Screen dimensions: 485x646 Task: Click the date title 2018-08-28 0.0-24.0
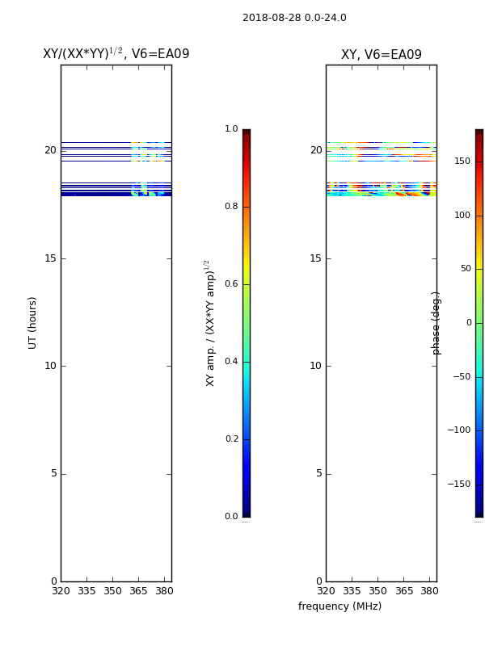pyautogui.click(x=294, y=18)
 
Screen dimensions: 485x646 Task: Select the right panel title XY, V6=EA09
pyautogui.click(x=382, y=54)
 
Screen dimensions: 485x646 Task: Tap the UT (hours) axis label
pyautogui.click(x=32, y=323)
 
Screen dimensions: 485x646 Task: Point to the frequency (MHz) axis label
pyautogui.click(x=339, y=606)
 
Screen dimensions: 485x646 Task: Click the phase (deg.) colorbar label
pyautogui.click(x=436, y=323)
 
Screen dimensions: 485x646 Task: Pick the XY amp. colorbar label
pyautogui.click(x=210, y=323)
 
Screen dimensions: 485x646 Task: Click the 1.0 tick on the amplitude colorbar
pyautogui.click(x=231, y=128)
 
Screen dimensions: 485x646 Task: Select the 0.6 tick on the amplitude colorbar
pyautogui.click(x=231, y=284)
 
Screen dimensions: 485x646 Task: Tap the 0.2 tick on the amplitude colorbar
pyautogui.click(x=231, y=438)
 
